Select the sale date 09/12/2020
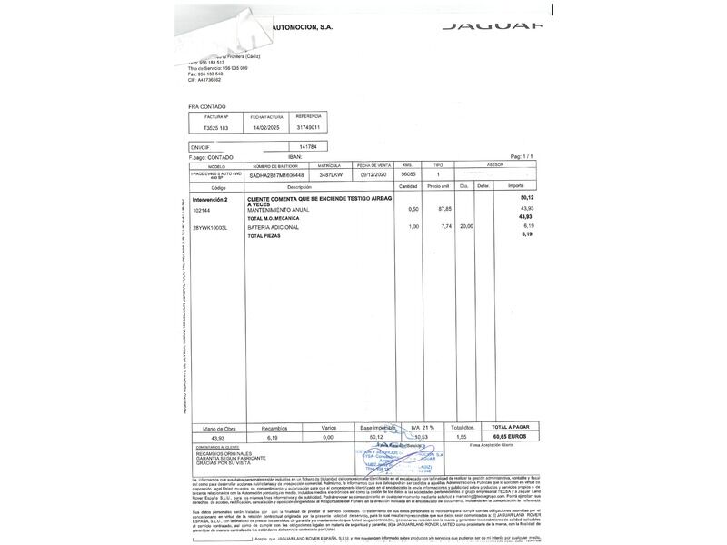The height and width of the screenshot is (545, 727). coord(373,174)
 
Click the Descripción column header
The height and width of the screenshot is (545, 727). coord(300,186)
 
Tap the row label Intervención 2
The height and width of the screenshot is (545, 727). coord(211,197)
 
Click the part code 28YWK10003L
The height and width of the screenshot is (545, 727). coord(212,226)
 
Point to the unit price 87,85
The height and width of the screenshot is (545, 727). coord(444,210)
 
